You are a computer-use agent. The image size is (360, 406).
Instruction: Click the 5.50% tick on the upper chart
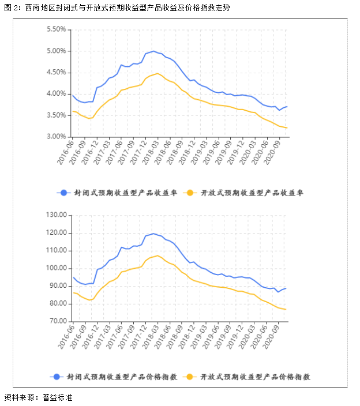click(x=55, y=29)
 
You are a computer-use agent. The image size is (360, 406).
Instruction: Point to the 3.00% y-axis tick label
click(x=55, y=137)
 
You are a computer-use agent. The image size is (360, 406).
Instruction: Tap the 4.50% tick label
click(x=55, y=72)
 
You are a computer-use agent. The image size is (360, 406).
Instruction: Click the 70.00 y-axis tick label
click(x=57, y=321)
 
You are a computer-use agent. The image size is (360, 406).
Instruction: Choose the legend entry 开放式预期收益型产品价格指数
click(x=247, y=377)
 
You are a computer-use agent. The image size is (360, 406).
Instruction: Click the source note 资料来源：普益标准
click(x=38, y=397)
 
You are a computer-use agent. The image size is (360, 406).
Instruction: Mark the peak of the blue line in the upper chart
click(x=153, y=51)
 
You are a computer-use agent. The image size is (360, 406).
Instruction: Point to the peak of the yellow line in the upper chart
click(x=157, y=73)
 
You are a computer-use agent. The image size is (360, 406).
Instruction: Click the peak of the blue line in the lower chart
click(x=153, y=234)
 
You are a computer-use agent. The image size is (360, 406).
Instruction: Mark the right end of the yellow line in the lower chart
click(x=286, y=310)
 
